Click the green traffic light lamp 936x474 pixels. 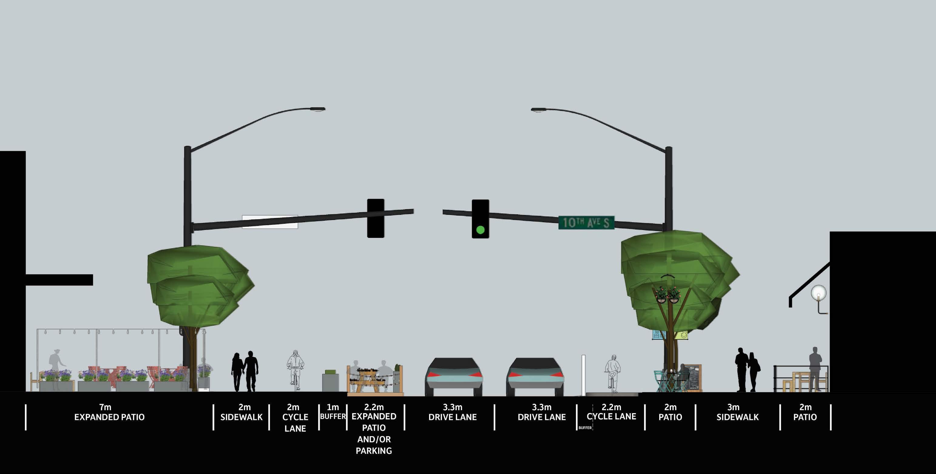click(480, 230)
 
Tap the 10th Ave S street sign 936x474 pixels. click(586, 222)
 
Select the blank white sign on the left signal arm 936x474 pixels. click(270, 222)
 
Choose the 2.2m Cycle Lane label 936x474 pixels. click(612, 412)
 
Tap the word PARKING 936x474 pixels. click(373, 451)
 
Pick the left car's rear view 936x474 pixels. click(454, 376)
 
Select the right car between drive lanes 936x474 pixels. click(535, 376)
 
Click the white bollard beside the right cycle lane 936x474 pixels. click(583, 375)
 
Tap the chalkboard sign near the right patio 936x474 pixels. click(694, 377)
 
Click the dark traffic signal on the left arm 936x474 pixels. click(375, 219)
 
